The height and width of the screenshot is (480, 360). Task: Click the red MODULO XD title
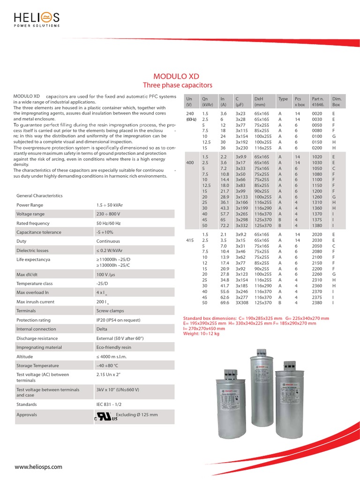coord(177,76)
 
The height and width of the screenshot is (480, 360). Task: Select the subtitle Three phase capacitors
coord(177,85)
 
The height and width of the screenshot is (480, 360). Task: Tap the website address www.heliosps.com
coord(38,467)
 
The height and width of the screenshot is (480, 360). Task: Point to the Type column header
coord(283,99)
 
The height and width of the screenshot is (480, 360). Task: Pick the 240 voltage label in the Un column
coord(190,113)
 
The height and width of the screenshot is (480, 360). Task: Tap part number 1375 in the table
coord(317,219)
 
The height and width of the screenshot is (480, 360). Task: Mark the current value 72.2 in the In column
coord(225,225)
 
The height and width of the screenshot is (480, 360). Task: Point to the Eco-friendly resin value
coord(113,347)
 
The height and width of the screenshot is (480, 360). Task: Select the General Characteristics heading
coord(39,195)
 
